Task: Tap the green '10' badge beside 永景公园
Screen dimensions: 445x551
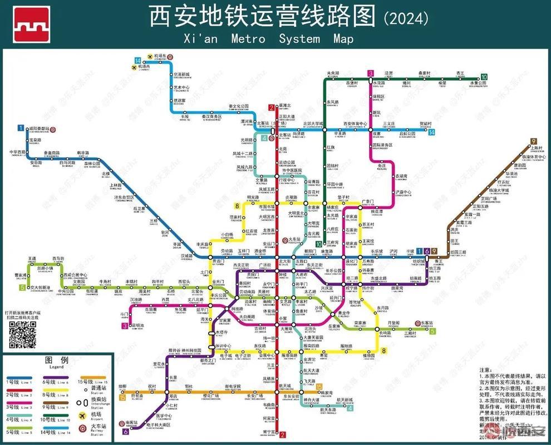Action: [x=484, y=77]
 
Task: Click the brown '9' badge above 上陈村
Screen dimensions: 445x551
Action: [x=533, y=141]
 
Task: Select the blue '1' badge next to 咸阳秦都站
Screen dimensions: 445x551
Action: [x=21, y=128]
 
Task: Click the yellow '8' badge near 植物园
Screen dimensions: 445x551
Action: [x=383, y=350]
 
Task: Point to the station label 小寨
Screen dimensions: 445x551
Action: [x=283, y=319]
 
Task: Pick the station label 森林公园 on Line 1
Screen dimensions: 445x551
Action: [x=92, y=164]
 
